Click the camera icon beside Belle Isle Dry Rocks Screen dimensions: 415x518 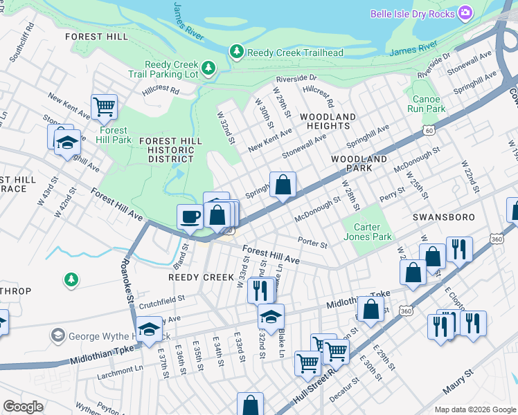click(x=466, y=13)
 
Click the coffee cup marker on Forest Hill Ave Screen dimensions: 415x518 click(x=190, y=216)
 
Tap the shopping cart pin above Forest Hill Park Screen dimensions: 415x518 click(x=105, y=107)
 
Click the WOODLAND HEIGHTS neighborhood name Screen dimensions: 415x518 click(x=328, y=121)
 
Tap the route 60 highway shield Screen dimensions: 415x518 click(x=430, y=129)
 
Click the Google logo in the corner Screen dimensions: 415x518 click(x=24, y=407)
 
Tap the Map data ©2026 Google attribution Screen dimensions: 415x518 click(x=474, y=409)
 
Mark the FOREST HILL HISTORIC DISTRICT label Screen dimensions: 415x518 click(x=170, y=149)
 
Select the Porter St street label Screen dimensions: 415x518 click(x=312, y=243)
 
